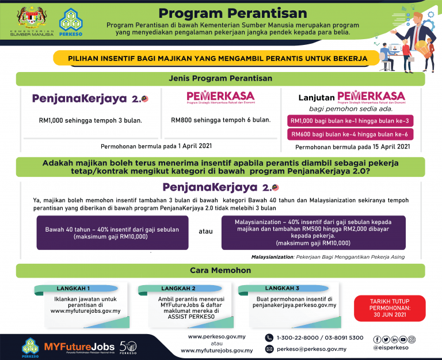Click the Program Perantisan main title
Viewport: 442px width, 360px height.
(x=233, y=13)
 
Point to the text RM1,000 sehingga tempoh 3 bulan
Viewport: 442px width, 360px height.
(x=90, y=120)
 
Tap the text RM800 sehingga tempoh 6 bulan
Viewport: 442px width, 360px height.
(x=220, y=120)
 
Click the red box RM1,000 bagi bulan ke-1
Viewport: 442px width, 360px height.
(x=350, y=121)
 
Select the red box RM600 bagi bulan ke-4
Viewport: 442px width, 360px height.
(x=350, y=134)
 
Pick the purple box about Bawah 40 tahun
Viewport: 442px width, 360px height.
(x=112, y=232)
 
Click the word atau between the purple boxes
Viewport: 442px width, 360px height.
(x=205, y=232)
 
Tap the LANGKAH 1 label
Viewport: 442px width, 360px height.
(x=73, y=288)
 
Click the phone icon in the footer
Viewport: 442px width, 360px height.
(x=269, y=338)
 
